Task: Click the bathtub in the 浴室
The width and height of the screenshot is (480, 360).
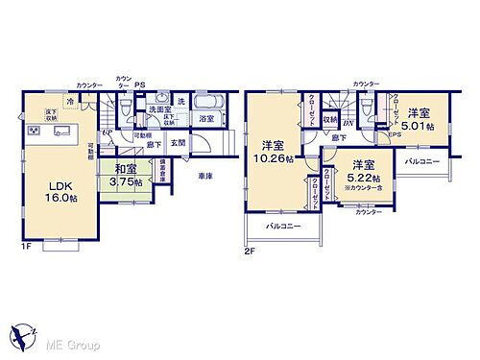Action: pos(207,104)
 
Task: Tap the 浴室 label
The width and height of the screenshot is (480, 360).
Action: pos(206,119)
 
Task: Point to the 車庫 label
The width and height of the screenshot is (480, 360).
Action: pos(205,176)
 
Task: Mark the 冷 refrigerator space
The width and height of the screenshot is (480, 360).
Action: pos(72,101)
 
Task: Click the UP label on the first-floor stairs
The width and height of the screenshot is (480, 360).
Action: pos(108,133)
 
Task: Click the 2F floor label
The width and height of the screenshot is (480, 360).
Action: pos(250,252)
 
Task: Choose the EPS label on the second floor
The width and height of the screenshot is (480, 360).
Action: pos(396,134)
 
